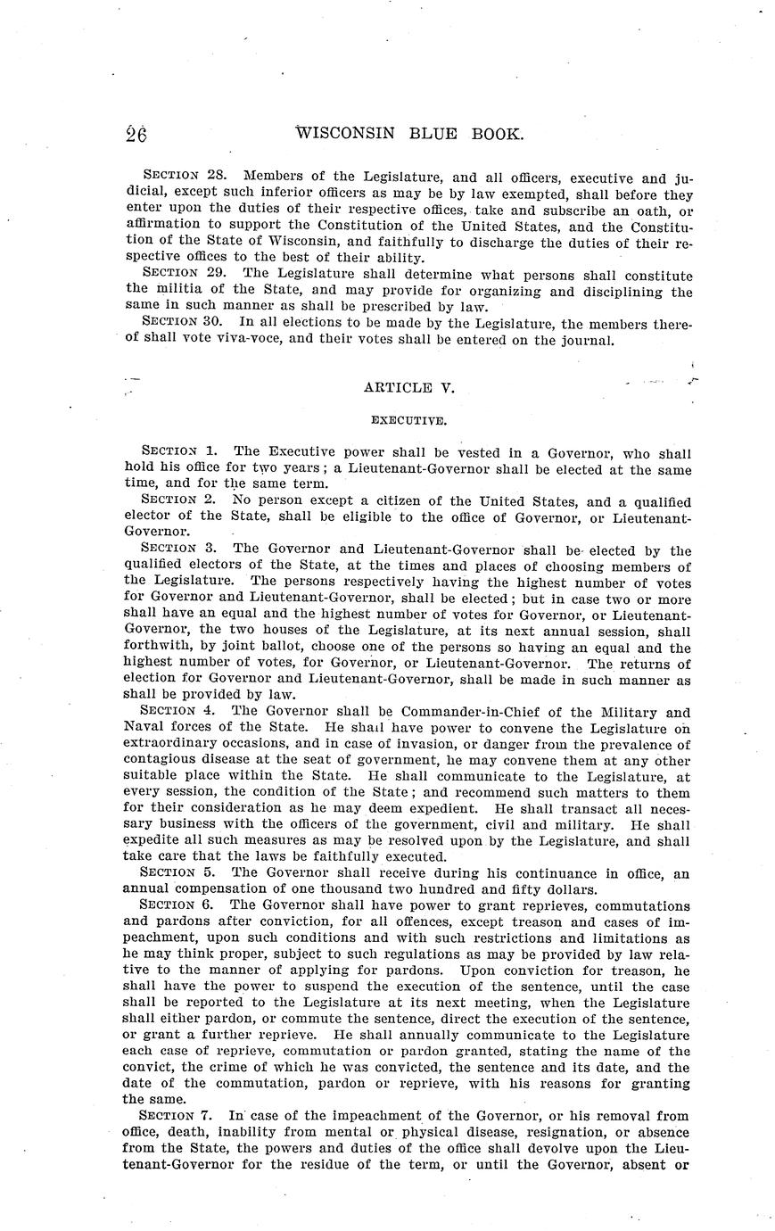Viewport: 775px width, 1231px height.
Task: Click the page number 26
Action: [x=136, y=135]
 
